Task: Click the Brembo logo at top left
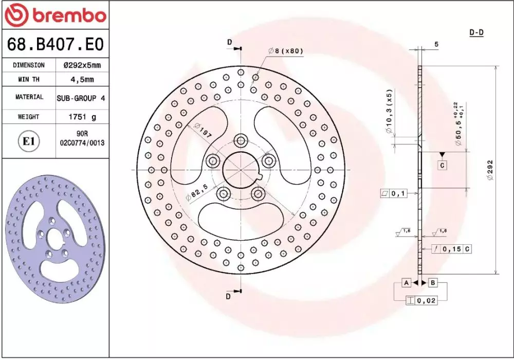pos(56,15)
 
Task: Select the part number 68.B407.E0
pos(56,44)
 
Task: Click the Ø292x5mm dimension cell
pos(82,65)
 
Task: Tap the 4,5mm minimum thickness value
pos(82,79)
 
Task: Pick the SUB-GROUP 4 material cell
pos(81,98)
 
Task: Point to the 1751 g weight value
pos(82,117)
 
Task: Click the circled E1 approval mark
pos(28,141)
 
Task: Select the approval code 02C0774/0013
pos(82,143)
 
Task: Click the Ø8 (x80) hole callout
pos(285,51)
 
